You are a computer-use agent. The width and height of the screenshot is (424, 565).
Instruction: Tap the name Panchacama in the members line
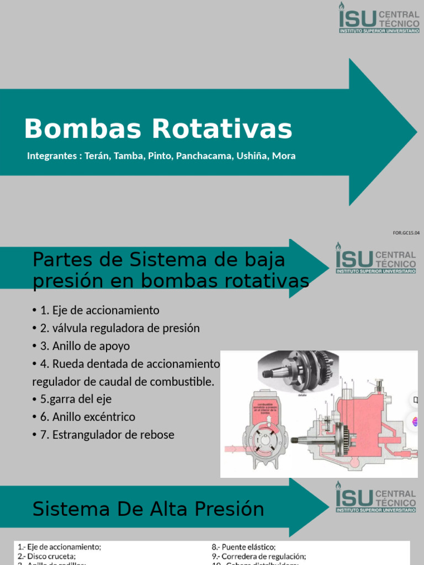click(x=204, y=156)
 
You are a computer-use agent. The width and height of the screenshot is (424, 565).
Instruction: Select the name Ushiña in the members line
click(x=252, y=156)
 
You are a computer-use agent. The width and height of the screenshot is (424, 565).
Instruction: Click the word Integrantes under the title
click(x=52, y=156)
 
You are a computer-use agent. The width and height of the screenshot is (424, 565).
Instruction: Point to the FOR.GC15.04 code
click(x=406, y=233)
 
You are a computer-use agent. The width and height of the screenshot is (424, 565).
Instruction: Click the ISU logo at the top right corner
click(x=378, y=17)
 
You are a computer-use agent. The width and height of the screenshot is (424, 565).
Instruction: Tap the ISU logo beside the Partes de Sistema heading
click(x=376, y=259)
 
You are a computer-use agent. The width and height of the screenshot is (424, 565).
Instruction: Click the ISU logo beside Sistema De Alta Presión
click(x=376, y=498)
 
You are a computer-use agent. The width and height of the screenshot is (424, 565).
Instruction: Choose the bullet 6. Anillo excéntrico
click(x=88, y=417)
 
